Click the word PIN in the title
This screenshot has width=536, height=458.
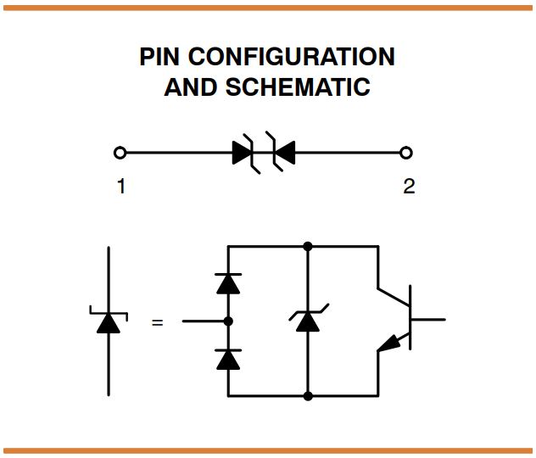coord(160,58)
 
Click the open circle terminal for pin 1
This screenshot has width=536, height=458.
coord(120,153)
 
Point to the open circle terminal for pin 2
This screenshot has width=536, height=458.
coord(406,153)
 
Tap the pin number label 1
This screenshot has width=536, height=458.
coord(120,186)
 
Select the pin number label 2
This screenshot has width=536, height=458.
coord(408,186)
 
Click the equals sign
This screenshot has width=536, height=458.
coord(157,322)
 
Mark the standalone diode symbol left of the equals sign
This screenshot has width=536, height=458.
coord(109,321)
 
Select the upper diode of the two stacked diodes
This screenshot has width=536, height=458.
coord(228,283)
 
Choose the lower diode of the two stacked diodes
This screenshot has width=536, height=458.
coord(228,359)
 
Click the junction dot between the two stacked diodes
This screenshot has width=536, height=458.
coord(228,321)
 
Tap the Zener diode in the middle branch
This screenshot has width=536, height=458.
coord(308,321)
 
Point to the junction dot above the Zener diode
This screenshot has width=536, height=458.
coord(308,247)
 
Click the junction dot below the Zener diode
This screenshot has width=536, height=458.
coord(308,395)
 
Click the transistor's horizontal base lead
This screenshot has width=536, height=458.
coord(428,321)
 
